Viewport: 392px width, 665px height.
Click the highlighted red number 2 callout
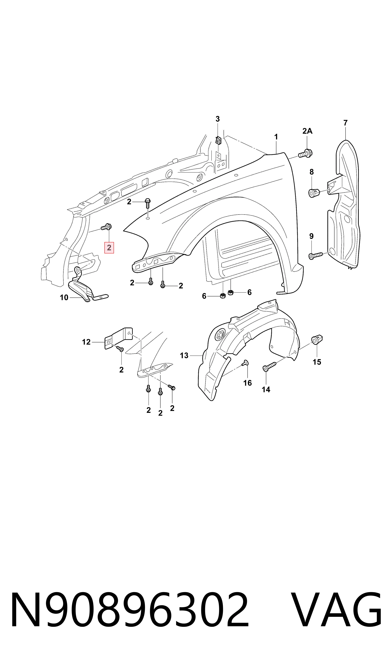109,248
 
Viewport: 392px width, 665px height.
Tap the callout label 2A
307,131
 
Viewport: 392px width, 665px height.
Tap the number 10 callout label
64,298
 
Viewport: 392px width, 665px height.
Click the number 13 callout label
184,355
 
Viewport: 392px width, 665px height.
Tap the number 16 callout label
248,383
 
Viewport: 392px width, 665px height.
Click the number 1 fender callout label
276,137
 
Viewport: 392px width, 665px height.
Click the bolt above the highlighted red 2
106,226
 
